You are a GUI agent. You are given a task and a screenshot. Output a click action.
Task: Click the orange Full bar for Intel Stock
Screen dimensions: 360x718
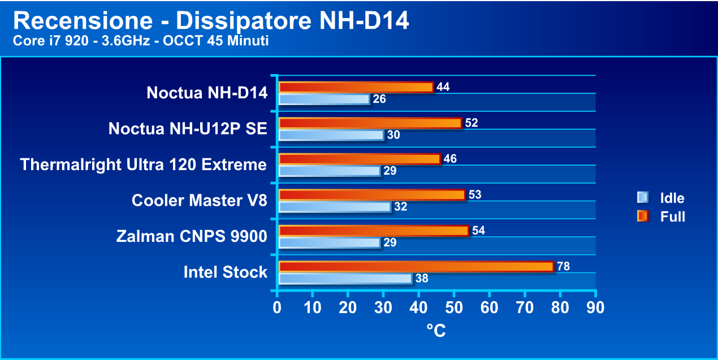pyautogui.click(x=416, y=266)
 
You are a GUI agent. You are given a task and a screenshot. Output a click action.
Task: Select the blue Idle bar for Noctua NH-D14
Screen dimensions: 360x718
pyautogui.click(x=324, y=99)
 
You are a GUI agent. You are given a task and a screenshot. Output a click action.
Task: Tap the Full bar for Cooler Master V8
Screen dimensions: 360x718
pyautogui.click(x=371, y=195)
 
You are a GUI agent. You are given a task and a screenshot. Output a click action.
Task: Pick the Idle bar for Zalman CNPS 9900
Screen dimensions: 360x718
pyautogui.click(x=330, y=243)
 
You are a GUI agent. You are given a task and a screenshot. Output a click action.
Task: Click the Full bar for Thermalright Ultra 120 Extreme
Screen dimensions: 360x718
pyautogui.click(x=359, y=159)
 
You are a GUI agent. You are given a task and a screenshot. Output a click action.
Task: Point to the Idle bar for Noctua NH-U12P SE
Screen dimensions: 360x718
pyautogui.click(x=331, y=135)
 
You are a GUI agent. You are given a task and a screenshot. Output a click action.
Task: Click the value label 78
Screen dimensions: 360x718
pyautogui.click(x=564, y=266)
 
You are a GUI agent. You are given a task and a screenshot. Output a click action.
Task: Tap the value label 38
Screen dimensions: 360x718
pyautogui.click(x=422, y=279)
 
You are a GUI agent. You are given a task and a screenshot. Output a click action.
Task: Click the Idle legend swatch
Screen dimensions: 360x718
pyautogui.click(x=642, y=197)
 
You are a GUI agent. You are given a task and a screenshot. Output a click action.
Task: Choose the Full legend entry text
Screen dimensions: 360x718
pyautogui.click(x=673, y=216)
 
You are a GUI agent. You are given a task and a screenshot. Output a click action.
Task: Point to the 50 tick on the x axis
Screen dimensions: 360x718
pyautogui.click(x=453, y=307)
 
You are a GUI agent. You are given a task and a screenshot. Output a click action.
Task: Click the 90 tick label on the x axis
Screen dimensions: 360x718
pyautogui.click(x=595, y=307)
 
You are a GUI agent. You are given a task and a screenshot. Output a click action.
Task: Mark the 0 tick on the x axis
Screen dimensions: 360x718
pyautogui.click(x=277, y=307)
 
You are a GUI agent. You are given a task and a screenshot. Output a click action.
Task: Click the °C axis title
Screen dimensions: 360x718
pyautogui.click(x=436, y=330)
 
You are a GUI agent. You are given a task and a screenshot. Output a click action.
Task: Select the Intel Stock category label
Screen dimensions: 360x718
pyautogui.click(x=225, y=272)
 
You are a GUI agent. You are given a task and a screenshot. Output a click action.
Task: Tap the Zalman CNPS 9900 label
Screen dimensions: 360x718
pyautogui.click(x=192, y=236)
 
